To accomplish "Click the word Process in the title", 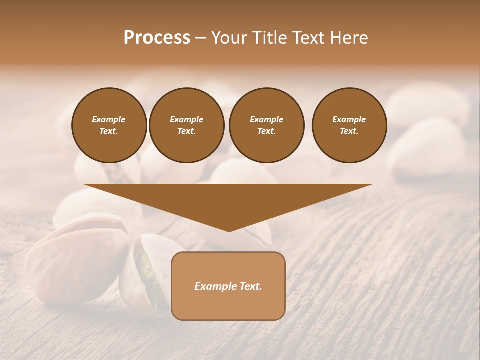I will (157, 38).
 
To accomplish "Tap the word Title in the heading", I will (266, 38).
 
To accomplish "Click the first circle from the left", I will (109, 125).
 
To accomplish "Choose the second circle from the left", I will (187, 125).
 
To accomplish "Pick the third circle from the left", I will (266, 125).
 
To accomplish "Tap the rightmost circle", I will (349, 125).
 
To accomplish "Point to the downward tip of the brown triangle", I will (229, 230).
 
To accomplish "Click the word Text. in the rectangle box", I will (250, 286).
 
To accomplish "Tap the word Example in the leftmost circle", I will (109, 119).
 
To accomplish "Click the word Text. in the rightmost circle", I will (349, 131).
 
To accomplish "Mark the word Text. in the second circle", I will (187, 131).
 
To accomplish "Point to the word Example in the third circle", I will (266, 119).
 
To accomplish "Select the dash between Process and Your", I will (201, 38).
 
